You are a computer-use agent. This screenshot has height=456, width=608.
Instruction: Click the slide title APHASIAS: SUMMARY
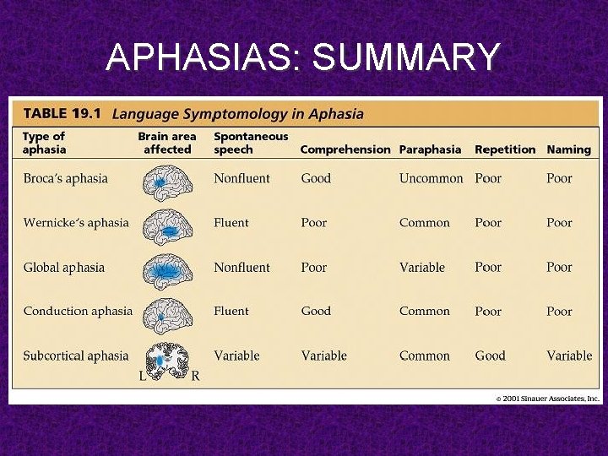(x=303, y=57)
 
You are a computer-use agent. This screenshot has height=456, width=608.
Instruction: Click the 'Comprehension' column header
(x=345, y=149)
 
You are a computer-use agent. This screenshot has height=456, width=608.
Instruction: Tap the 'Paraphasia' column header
(x=430, y=149)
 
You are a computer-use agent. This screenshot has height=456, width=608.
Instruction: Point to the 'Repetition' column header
(x=505, y=149)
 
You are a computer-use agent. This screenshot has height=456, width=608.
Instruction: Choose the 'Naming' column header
(x=568, y=149)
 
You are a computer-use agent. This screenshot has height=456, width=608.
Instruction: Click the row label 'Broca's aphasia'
(x=66, y=178)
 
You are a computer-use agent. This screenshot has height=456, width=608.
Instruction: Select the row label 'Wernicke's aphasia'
(x=76, y=223)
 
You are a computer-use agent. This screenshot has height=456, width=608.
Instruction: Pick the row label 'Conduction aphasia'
(x=78, y=311)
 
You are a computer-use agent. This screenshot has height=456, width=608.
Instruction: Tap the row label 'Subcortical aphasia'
(x=76, y=356)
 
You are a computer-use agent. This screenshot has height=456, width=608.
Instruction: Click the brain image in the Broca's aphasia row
(x=167, y=179)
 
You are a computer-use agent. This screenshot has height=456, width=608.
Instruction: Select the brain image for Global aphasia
(x=167, y=269)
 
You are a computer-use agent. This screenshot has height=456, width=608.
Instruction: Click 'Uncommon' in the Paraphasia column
(x=431, y=178)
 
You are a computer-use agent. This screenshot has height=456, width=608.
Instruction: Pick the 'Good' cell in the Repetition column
(x=490, y=356)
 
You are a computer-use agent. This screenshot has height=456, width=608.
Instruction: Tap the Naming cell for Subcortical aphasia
(x=569, y=356)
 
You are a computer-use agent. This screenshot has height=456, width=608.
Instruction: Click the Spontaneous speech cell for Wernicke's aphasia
(x=231, y=223)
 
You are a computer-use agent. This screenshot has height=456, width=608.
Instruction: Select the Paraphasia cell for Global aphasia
(x=421, y=267)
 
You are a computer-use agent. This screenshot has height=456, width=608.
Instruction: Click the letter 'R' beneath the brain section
(x=195, y=377)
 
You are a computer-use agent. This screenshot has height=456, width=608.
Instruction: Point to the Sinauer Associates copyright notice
(x=547, y=398)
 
